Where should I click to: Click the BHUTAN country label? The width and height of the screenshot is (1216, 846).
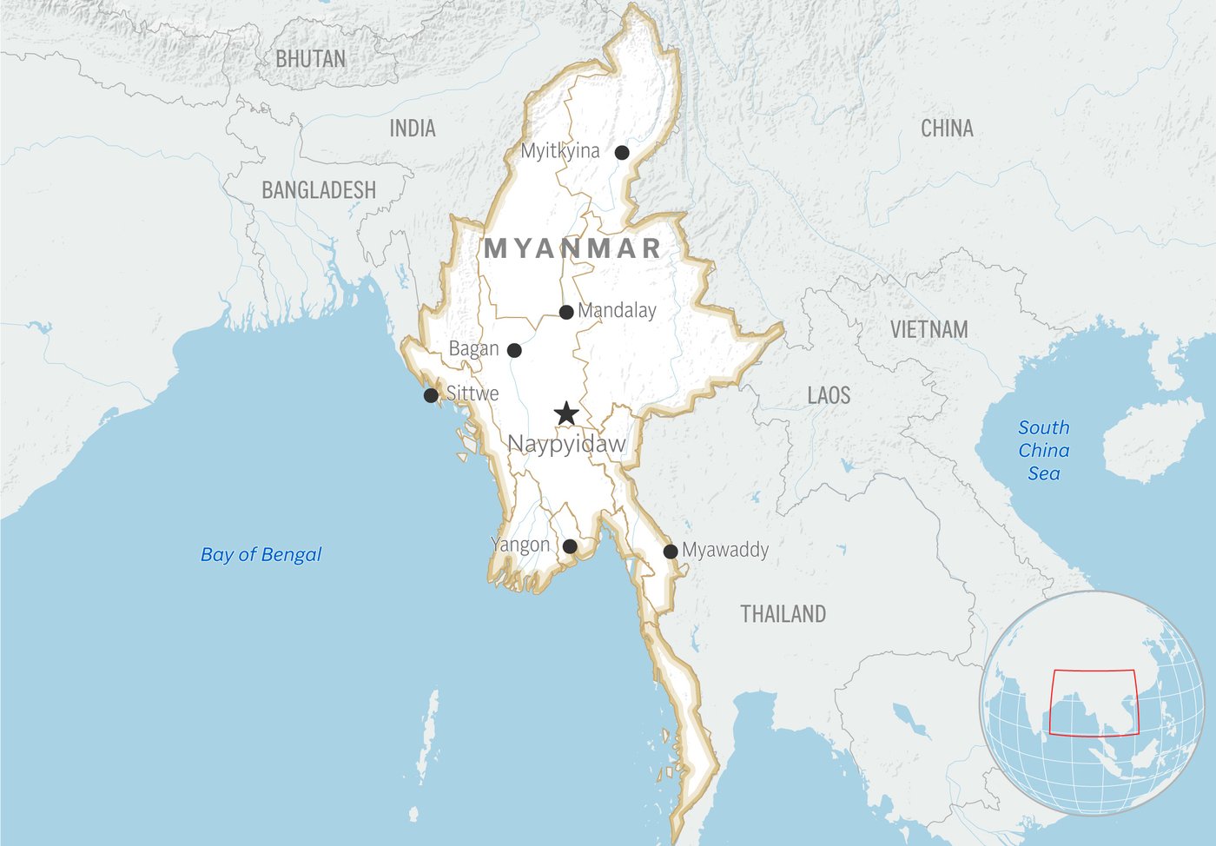click(310, 59)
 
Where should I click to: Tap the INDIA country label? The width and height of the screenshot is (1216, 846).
click(413, 129)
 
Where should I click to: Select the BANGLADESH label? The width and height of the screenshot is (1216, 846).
click(319, 190)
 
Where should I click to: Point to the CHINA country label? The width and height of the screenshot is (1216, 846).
click(947, 129)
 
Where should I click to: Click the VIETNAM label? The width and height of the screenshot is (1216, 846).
click(929, 329)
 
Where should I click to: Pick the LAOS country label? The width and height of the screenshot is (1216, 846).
click(829, 395)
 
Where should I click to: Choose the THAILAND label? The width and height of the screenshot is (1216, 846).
click(783, 614)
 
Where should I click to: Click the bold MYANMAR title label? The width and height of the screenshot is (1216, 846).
click(573, 248)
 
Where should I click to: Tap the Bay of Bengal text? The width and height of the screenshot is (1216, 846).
click(261, 554)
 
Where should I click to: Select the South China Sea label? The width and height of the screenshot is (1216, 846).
click(1043, 450)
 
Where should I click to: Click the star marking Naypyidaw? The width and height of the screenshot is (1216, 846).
click(566, 413)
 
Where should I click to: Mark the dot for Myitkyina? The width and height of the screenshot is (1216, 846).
click(622, 153)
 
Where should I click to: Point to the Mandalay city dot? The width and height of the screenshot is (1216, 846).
click(566, 312)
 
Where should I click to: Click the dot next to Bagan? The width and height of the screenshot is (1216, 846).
click(514, 350)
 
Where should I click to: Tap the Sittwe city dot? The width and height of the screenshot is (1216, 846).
click(431, 396)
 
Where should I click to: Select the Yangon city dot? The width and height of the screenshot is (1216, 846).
click(570, 546)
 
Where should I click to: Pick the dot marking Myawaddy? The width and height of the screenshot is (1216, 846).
click(671, 552)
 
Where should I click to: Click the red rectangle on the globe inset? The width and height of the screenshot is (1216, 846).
click(1094, 671)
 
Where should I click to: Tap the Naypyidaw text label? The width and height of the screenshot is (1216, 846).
click(566, 444)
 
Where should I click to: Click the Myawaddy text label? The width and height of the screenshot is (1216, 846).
click(725, 550)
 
